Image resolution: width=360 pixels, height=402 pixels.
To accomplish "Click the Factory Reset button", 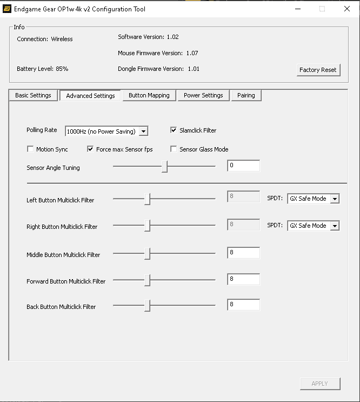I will [x=318, y=70].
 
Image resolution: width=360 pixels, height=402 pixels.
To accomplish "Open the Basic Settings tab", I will [x=33, y=95].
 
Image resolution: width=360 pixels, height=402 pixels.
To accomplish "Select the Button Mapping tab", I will [x=149, y=95].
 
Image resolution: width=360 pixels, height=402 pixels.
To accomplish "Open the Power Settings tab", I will [x=203, y=95].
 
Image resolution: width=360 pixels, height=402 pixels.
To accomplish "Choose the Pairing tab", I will [x=246, y=95].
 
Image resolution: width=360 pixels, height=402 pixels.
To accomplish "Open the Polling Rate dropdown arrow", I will [x=143, y=131].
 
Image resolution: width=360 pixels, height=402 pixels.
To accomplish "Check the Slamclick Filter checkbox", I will [x=174, y=130].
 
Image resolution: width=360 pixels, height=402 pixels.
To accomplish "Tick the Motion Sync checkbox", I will [x=30, y=149].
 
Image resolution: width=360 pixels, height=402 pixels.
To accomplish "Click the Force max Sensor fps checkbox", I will [x=90, y=149].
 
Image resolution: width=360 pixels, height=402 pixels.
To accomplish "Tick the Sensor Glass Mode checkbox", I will [x=174, y=149].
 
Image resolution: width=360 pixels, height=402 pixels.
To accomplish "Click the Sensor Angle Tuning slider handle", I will [x=164, y=167].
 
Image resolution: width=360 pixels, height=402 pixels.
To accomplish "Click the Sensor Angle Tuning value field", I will [x=243, y=166].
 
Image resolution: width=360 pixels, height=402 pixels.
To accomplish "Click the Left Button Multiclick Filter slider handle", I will [x=147, y=199].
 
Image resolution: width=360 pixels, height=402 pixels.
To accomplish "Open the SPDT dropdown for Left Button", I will [x=335, y=199].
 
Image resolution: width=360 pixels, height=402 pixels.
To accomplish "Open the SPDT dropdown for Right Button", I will [x=335, y=226].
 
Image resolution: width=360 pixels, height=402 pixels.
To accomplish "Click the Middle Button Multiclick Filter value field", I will [x=243, y=253].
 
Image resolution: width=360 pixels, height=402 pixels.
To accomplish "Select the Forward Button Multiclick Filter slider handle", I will [x=147, y=280].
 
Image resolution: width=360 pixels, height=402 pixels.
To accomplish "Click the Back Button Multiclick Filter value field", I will [x=243, y=305].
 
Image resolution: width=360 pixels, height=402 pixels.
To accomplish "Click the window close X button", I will [x=347, y=9].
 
